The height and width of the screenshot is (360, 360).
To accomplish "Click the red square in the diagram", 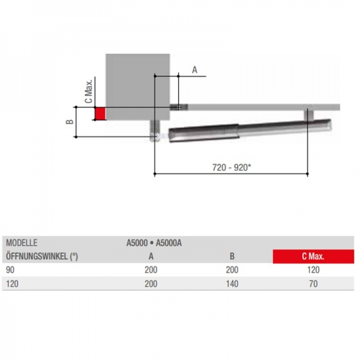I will (x=100, y=113).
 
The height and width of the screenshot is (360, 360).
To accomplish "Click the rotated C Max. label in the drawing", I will (x=88, y=91).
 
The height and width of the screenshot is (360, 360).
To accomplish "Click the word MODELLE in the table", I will (x=22, y=244).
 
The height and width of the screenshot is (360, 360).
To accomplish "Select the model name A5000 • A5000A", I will (x=153, y=244).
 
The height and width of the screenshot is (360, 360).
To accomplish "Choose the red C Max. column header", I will (x=313, y=256).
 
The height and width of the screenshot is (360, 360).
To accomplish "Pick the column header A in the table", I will (x=151, y=256).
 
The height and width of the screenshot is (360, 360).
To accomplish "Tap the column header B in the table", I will (x=232, y=256).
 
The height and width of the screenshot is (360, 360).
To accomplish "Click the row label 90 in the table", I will (x=10, y=270).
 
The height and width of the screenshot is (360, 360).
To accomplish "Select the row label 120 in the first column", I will (x=12, y=284).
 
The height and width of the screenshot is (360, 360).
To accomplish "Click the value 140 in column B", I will (x=232, y=284).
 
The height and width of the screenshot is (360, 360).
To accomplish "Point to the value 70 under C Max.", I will (x=313, y=284).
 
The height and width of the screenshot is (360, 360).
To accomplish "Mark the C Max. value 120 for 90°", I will (x=313, y=270).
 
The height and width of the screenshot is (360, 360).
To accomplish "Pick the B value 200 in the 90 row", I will (x=232, y=270).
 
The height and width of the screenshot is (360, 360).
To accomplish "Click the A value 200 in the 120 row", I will (x=151, y=284).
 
